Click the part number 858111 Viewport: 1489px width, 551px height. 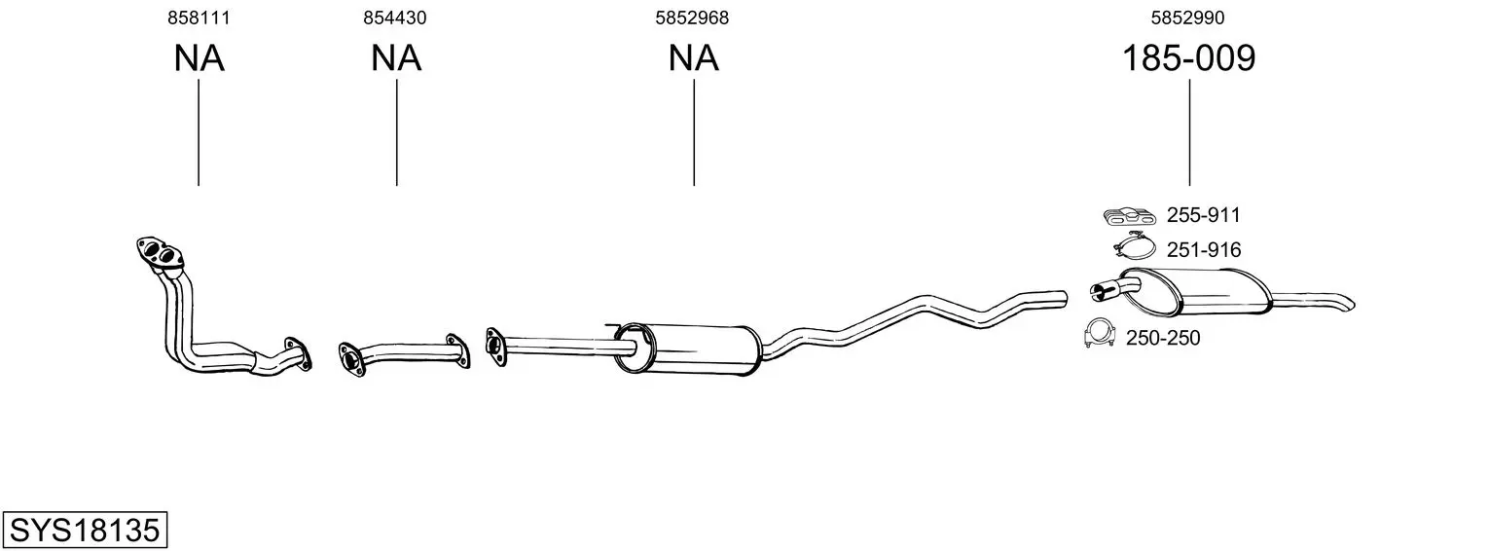pos(199,18)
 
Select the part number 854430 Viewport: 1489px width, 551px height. pos(395,18)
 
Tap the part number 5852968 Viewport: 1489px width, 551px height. pos(692,18)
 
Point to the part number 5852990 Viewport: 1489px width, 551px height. pos(1188,18)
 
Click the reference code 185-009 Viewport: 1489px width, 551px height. pos(1189,57)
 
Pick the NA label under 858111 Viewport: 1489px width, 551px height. pos(199,57)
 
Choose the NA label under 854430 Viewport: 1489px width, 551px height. pos(396,57)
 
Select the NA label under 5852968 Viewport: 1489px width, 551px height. pos(693,57)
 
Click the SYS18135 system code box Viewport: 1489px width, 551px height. pos(85,530)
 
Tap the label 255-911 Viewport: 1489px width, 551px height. pos(1204,215)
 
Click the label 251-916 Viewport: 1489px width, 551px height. pos(1204,250)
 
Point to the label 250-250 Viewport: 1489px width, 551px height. pos(1163,339)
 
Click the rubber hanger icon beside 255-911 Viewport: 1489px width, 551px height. pos(1129,216)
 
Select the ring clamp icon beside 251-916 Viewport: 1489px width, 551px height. pos(1134,246)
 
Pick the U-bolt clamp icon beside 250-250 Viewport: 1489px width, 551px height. pos(1099,333)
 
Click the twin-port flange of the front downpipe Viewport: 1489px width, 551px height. pos(160,254)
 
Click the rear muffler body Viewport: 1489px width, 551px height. pos(1196,292)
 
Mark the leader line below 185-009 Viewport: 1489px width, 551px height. pos(1189,132)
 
